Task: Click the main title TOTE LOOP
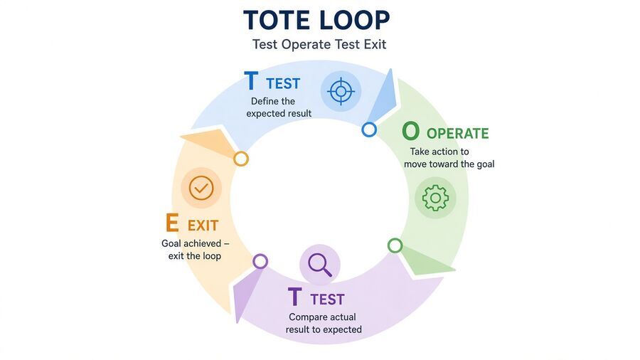click(316, 20)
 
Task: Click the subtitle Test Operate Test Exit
click(319, 44)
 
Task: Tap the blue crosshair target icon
click(341, 91)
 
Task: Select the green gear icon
click(435, 198)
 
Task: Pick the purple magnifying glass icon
click(319, 265)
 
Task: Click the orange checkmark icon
click(201, 188)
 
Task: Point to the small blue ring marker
click(369, 129)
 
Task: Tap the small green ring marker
click(395, 245)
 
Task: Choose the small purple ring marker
click(260, 261)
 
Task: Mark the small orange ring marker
click(241, 159)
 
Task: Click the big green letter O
click(410, 132)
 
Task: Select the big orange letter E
click(172, 223)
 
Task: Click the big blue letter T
click(251, 81)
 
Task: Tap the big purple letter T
click(294, 297)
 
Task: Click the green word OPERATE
click(457, 134)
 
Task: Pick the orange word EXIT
click(203, 226)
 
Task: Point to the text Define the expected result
click(279, 107)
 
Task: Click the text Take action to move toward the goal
click(449, 158)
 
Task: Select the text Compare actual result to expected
click(324, 323)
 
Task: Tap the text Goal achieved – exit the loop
click(195, 250)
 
